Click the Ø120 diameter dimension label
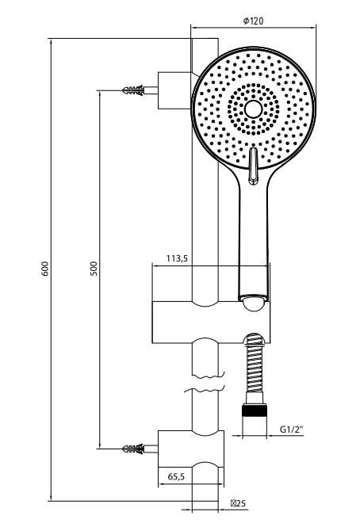point(253,21)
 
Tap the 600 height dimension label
point(45,269)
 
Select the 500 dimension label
point(94,269)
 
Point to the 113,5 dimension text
point(177,258)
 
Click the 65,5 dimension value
point(176,476)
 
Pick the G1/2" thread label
point(292,430)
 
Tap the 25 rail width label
point(238,503)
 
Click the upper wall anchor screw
point(134,90)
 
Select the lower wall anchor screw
point(134,449)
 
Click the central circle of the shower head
point(253,109)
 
